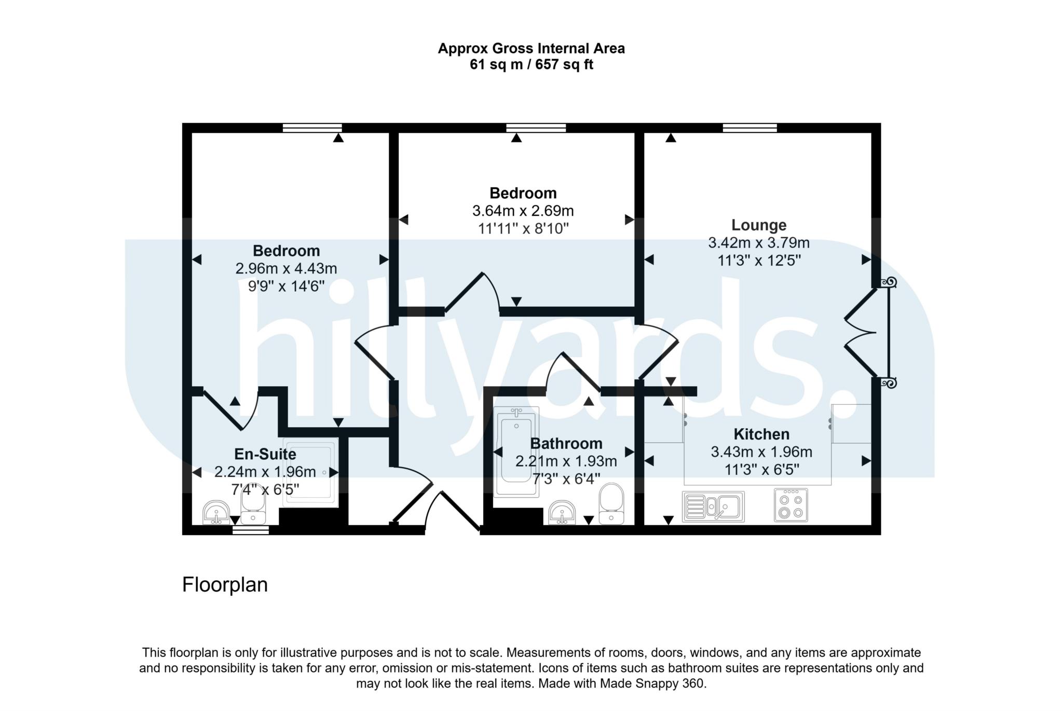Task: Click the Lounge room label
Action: coord(758,225)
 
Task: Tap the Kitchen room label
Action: coord(761,434)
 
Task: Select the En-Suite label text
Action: coord(265,454)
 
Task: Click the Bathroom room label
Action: coord(566,443)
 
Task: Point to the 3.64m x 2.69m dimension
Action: coord(523,211)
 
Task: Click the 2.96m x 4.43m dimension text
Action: coord(286,268)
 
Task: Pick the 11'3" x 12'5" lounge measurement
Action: coord(759,260)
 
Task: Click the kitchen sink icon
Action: coord(713,506)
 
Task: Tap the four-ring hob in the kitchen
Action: coord(791,505)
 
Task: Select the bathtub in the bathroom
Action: coord(516,452)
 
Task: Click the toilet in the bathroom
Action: coord(611,503)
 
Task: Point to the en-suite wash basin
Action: coord(215,512)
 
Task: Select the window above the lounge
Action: coord(749,128)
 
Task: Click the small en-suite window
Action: coord(250,530)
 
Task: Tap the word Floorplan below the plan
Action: coord(225,585)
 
